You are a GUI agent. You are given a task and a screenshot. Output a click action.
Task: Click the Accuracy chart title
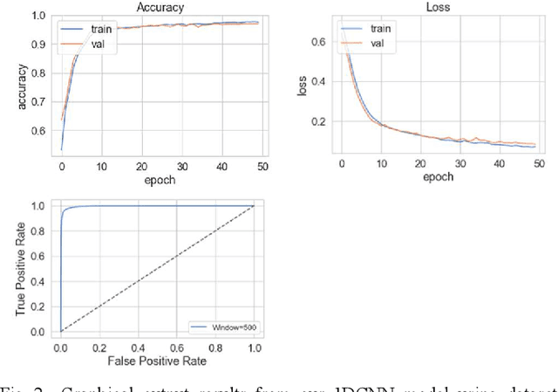pos(160,6)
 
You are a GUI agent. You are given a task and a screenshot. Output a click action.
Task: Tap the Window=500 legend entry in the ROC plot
pos(224,327)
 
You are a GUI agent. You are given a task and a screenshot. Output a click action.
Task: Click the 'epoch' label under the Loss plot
pos(439,178)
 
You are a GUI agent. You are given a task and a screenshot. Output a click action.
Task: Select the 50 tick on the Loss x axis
pos(538,163)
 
